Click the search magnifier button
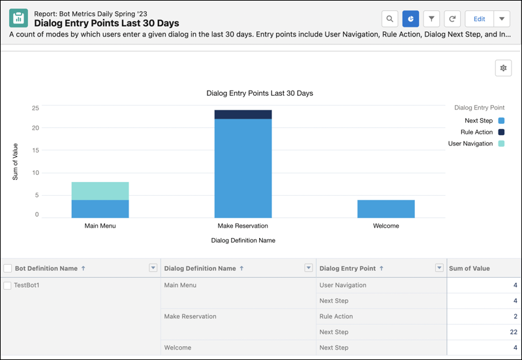pos(390,19)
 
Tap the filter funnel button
pos(431,19)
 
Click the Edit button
pos(479,19)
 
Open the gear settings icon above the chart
pos(503,68)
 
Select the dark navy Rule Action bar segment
pos(243,114)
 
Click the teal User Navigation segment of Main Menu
pos(100,191)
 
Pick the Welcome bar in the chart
pos(386,209)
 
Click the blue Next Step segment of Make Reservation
pos(243,168)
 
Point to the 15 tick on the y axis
pos(35,150)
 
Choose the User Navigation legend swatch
pos(501,143)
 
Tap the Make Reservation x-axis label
pos(243,226)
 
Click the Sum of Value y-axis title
pos(15,162)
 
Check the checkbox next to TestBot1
pos(7,286)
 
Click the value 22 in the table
pos(514,332)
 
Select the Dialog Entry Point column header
pos(348,268)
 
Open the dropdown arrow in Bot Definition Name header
pos(153,267)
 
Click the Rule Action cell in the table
pos(336,316)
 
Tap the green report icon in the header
pos(18,18)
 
